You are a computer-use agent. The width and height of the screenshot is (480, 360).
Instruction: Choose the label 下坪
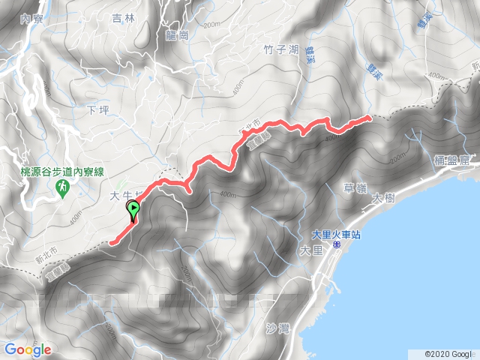click(x=98, y=110)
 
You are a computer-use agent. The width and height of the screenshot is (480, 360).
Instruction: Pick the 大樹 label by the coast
click(x=382, y=198)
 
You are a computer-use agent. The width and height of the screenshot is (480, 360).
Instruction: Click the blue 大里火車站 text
click(x=337, y=235)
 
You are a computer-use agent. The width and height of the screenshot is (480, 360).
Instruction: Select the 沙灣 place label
click(x=277, y=328)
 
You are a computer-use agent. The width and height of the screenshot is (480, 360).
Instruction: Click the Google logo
click(x=28, y=349)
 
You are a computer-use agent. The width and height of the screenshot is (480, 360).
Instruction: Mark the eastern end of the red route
click(x=369, y=117)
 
